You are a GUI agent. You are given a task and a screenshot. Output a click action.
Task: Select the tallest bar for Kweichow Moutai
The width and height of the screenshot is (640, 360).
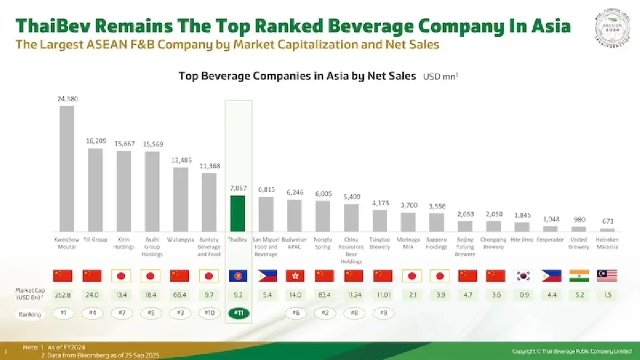pos(67,168)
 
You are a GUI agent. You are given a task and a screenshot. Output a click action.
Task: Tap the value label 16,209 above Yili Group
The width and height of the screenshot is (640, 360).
pos(95,141)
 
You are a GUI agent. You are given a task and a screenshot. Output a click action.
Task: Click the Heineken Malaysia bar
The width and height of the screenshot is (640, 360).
pos(607,230)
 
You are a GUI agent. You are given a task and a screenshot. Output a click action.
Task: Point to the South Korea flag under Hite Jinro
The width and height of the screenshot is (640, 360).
pos(523,276)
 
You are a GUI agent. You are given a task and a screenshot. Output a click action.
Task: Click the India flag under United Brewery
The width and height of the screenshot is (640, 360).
pos(579,276)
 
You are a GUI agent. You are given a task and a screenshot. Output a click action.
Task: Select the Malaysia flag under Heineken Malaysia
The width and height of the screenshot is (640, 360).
pos(607,276)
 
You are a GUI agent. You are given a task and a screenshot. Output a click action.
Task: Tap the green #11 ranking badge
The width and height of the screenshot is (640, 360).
pos(238,314)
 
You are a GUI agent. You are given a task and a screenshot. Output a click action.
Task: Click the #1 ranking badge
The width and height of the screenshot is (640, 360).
pos(62,314)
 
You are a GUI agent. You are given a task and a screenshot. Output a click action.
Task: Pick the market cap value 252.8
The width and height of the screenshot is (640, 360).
pos(62,294)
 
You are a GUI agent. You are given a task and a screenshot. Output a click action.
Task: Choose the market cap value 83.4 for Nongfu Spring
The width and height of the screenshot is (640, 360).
pos(324,294)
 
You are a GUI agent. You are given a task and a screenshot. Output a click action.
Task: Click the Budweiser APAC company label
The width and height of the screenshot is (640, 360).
pos(294,243)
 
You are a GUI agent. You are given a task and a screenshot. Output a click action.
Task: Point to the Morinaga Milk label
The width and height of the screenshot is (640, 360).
pos(408,243)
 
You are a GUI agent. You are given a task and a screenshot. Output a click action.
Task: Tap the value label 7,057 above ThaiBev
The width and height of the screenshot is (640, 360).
pos(238,188)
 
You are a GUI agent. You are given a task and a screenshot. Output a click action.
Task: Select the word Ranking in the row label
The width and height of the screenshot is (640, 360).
pos(30,314)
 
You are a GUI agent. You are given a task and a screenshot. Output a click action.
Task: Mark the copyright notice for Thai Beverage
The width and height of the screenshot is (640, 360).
pos(572,351)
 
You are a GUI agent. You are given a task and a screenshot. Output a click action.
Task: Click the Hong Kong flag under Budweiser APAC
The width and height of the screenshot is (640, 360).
pos(294,276)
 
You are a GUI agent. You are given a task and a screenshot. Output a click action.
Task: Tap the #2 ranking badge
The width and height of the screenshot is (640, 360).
pos(324,314)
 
